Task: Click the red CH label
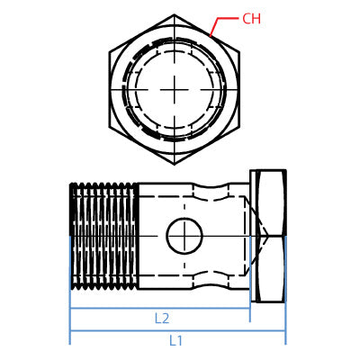coord(251,19)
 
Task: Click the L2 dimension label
coord(162,318)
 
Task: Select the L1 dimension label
coord(176,340)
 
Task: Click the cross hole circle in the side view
coord(183,238)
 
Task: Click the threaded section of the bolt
coord(103,236)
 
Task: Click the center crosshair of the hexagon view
coord(174,89)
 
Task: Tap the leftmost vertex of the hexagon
coord(110,89)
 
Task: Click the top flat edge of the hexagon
coord(174,15)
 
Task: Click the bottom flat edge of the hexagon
coord(174,164)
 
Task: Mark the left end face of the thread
coord(70,236)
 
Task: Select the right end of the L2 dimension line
coord(250,309)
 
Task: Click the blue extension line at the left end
coord(70,315)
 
